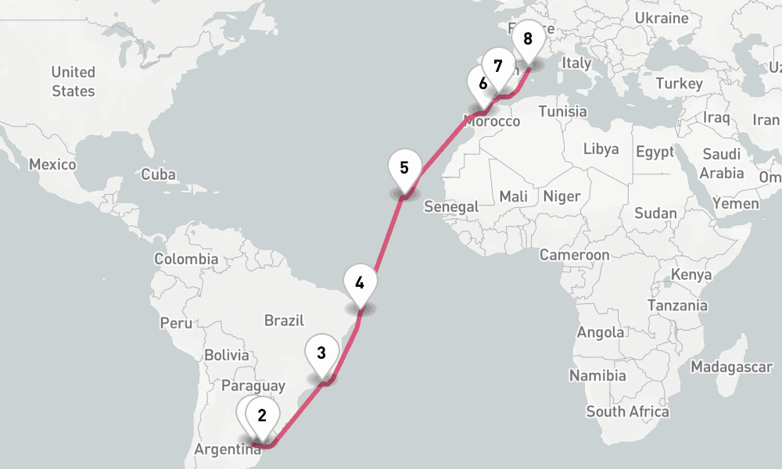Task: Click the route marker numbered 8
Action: tap(528, 39)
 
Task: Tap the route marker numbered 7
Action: tap(498, 67)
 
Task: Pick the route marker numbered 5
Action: tap(404, 168)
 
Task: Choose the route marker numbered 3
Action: tap(321, 353)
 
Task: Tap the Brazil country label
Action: tap(284, 320)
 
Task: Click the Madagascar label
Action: tap(731, 367)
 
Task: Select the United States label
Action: tap(74, 81)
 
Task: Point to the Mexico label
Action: tap(52, 165)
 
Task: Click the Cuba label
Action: tap(159, 175)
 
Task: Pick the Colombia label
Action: tap(186, 259)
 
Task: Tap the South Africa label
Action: tap(628, 411)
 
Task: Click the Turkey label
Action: tap(680, 84)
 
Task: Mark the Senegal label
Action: tap(451, 206)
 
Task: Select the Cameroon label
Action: tap(574, 255)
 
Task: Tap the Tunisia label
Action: tap(562, 111)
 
